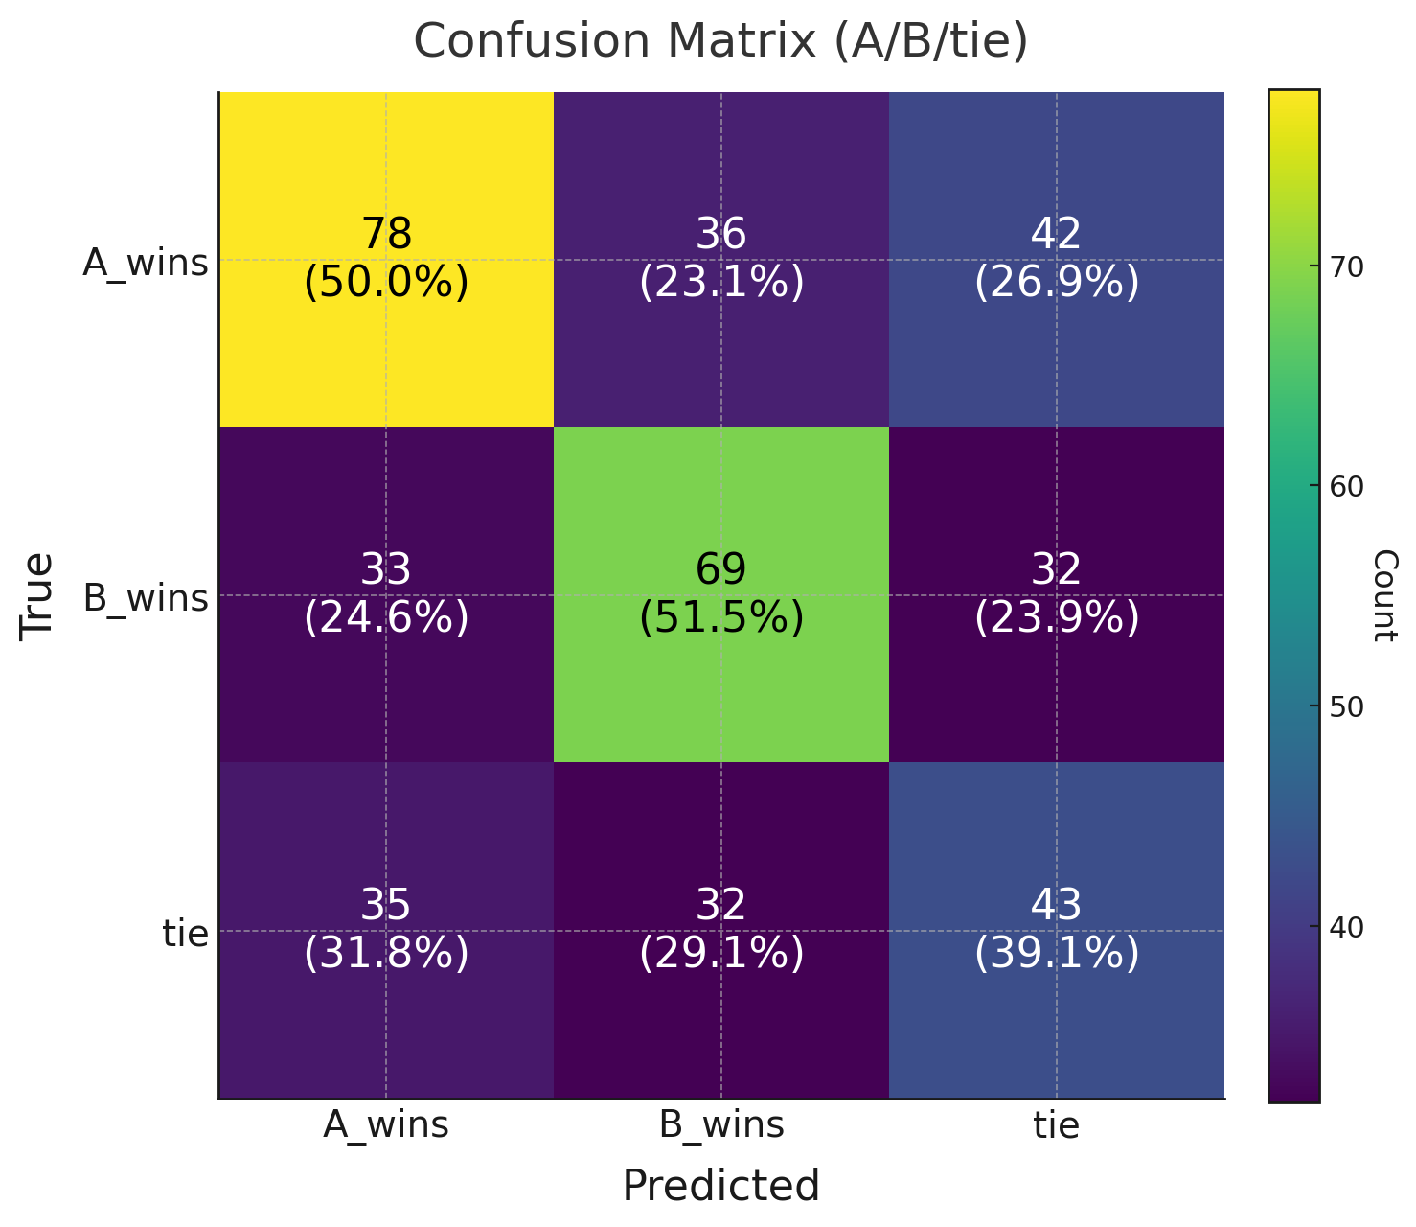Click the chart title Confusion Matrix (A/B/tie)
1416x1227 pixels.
(x=720, y=42)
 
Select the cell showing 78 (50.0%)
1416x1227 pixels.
(x=386, y=259)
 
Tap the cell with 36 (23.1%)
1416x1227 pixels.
(x=721, y=259)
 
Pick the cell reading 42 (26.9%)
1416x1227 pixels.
(x=1057, y=259)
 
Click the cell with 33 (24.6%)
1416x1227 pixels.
(x=386, y=594)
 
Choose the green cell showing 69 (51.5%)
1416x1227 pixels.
(x=721, y=594)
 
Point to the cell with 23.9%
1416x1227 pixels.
(x=1057, y=594)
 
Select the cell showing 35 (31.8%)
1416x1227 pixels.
(x=386, y=930)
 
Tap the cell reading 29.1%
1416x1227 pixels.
(x=721, y=930)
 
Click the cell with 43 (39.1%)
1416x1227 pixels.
(x=1057, y=930)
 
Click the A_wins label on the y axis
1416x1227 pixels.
(x=146, y=263)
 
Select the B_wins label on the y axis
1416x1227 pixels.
(x=146, y=598)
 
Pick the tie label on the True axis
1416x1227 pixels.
(x=186, y=933)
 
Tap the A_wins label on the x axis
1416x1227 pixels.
(x=386, y=1125)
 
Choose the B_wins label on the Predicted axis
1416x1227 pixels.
(x=721, y=1125)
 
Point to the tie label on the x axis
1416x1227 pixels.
(x=1057, y=1125)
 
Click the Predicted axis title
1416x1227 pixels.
(x=721, y=1186)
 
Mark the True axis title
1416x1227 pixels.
(x=37, y=594)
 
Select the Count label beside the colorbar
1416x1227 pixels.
(x=1384, y=594)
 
